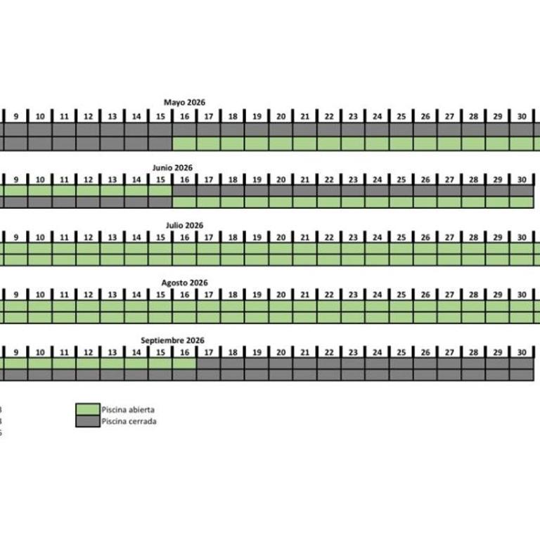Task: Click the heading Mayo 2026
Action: point(184,102)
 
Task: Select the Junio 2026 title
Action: point(172,168)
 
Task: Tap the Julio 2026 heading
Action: point(185,225)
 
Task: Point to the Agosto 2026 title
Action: point(185,283)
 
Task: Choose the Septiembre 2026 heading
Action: point(172,340)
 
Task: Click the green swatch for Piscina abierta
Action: point(88,409)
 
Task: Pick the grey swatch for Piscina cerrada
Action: point(88,421)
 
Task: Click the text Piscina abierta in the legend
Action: point(128,409)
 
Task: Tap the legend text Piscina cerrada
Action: point(129,421)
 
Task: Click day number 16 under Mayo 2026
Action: point(185,117)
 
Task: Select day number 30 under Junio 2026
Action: point(522,179)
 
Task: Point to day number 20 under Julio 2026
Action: point(281,237)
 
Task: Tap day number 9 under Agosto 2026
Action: point(16,295)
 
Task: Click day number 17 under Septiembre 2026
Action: point(209,352)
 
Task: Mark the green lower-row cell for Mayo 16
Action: point(185,143)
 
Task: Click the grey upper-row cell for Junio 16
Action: point(185,191)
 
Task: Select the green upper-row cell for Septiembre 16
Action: point(185,364)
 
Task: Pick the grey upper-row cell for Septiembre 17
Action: point(209,364)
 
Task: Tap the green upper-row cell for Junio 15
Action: point(160,191)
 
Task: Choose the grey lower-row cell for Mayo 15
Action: point(160,143)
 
